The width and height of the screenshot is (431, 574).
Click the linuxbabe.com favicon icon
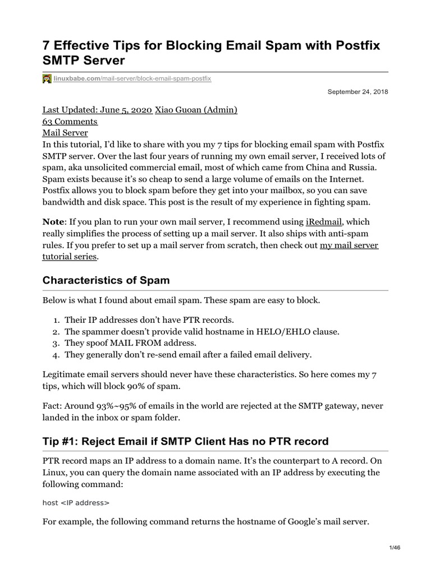(47, 79)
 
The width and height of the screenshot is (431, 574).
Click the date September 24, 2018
(358, 91)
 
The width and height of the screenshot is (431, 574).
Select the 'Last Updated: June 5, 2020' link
(97, 110)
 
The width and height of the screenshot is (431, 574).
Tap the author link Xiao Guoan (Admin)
(196, 110)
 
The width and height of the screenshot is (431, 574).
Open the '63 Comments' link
(70, 121)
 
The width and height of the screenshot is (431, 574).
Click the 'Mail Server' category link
(65, 132)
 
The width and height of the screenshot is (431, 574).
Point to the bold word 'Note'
(53, 222)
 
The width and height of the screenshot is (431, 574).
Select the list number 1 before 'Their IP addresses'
(57, 320)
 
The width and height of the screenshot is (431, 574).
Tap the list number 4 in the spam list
(57, 354)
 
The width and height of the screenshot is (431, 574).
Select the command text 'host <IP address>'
(76, 503)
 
